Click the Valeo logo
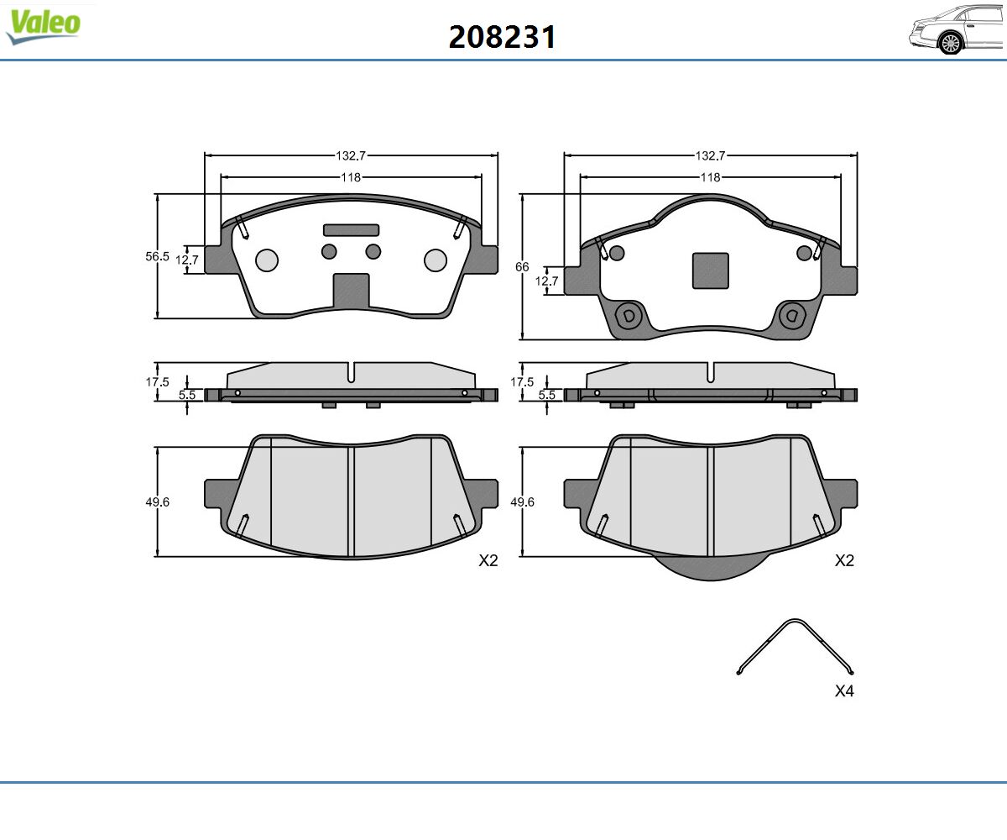pyautogui.click(x=43, y=26)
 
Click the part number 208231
pyautogui.click(x=502, y=37)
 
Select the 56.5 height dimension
pyautogui.click(x=157, y=256)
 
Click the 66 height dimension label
pyautogui.click(x=522, y=266)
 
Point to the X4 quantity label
pyautogui.click(x=844, y=690)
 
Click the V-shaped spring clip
pyautogui.click(x=796, y=645)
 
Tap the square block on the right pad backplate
pyautogui.click(x=711, y=270)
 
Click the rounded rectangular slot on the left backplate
pyautogui.click(x=351, y=230)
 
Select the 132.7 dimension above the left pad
pyautogui.click(x=351, y=156)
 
